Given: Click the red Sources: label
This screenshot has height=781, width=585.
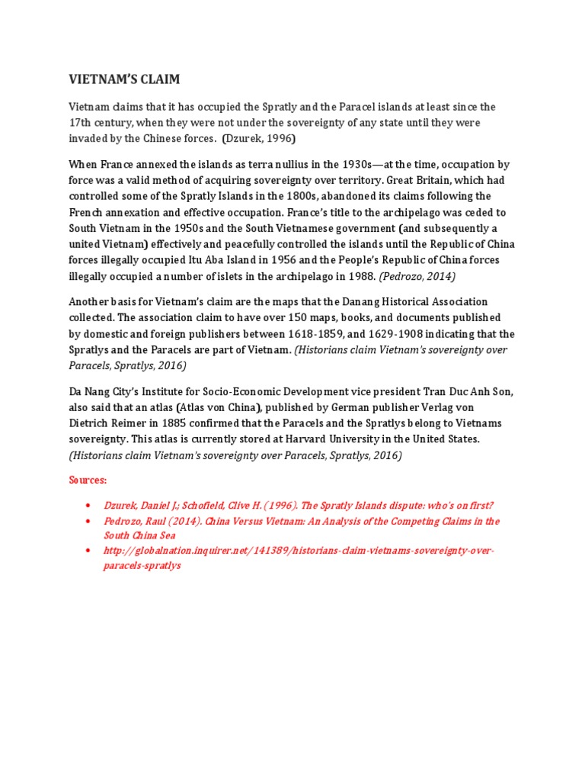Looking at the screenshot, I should [88, 480].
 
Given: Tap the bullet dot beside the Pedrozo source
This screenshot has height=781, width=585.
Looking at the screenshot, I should [88, 522].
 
